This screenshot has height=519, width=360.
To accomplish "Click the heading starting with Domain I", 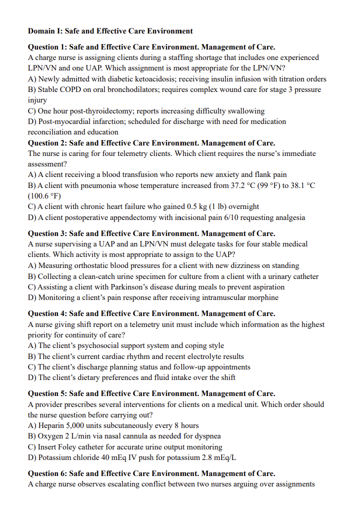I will pos(110,31).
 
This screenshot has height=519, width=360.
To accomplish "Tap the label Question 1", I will pos(46,47).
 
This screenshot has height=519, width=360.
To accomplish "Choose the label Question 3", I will pos(46,233).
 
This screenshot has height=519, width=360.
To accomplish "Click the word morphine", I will pos(263,297).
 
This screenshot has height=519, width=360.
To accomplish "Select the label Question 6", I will pos(46,473).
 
